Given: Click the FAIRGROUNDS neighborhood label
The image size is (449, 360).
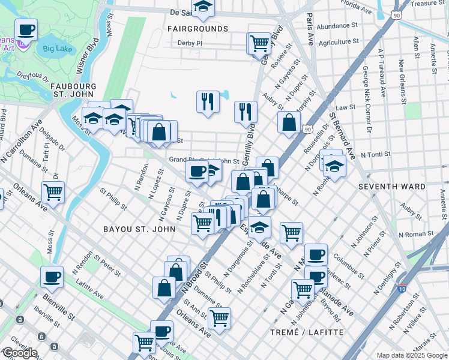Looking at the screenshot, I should pyautogui.click(x=197, y=29).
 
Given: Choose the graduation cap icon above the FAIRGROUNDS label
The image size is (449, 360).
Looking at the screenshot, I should pyautogui.click(x=204, y=7).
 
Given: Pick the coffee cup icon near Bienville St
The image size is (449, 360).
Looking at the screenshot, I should pyautogui.click(x=52, y=277).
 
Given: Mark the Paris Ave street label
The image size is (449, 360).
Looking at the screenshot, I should pyautogui.click(x=310, y=29).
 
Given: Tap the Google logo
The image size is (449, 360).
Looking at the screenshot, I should pyautogui.click(x=20, y=353).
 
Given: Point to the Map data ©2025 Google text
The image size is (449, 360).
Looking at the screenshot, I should pyautogui.click(x=412, y=355).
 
